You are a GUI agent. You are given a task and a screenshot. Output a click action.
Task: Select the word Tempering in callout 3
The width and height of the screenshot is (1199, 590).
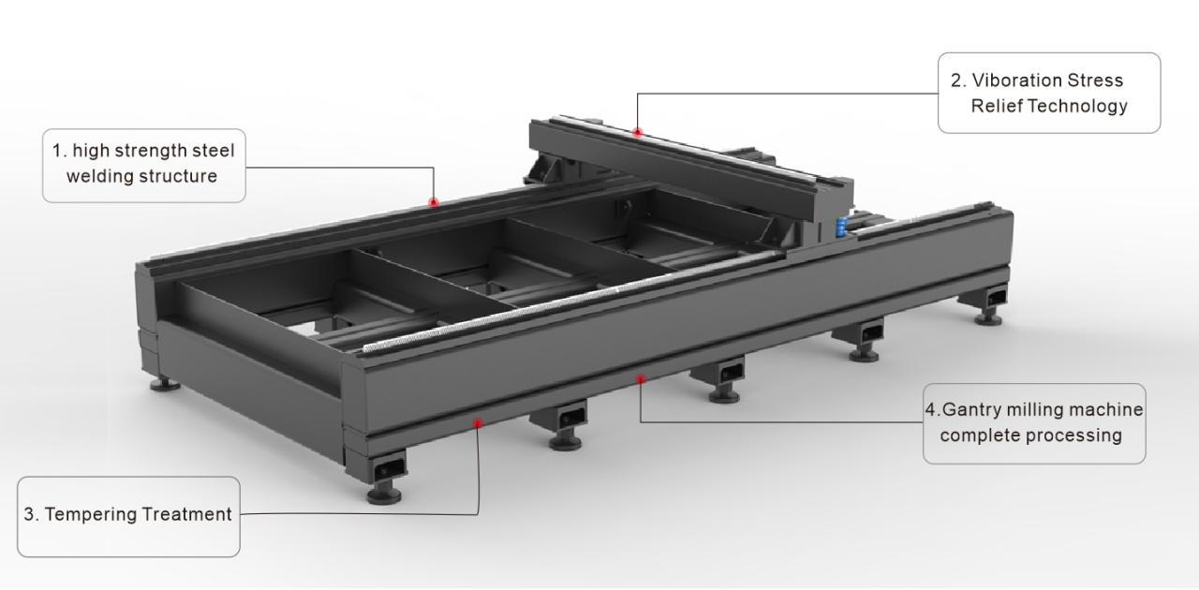point(84,514)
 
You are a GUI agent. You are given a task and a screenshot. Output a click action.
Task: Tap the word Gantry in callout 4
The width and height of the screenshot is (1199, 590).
point(971,409)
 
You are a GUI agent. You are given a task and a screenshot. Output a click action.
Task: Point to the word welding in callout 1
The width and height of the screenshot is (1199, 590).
point(91,175)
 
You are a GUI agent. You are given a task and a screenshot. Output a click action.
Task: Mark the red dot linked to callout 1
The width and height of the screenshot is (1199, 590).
point(434,201)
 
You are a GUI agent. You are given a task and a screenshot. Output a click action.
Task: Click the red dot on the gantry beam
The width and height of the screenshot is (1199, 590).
point(637,132)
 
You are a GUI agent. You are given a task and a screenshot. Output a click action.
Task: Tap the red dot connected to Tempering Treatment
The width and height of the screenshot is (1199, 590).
point(478,422)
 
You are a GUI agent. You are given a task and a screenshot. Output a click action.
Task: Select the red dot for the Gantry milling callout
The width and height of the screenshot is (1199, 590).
point(640,378)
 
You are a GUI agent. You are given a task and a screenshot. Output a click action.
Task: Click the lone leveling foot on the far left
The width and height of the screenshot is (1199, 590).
point(167,382)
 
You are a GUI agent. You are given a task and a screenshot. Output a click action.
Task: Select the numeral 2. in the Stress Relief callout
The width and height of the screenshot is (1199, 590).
point(955,81)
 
